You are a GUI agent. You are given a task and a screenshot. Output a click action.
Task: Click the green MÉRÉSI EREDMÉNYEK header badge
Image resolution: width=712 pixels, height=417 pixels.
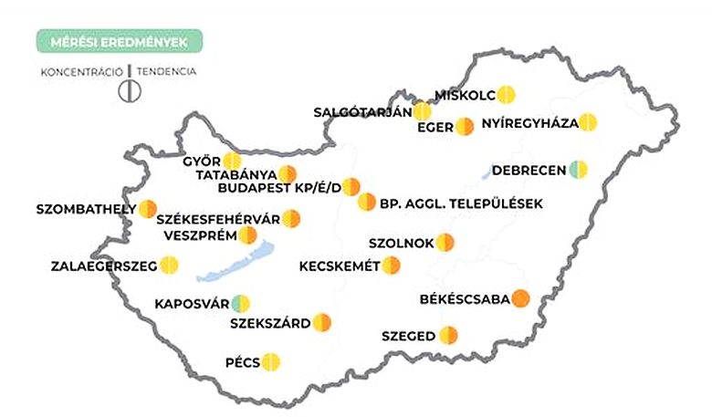[x=119, y=41]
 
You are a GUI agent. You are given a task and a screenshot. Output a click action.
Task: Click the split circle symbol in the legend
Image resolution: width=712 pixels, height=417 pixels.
[x=131, y=89]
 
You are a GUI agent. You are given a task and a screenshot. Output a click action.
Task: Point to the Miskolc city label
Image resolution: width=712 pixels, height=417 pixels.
[x=466, y=95]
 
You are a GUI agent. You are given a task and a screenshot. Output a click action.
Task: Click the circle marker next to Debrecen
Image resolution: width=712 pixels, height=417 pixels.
[x=578, y=169]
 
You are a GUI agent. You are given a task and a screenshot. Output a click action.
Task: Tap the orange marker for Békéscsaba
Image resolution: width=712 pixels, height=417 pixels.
[x=520, y=298]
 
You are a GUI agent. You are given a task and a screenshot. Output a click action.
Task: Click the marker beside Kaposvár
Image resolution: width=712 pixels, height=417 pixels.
[x=240, y=303]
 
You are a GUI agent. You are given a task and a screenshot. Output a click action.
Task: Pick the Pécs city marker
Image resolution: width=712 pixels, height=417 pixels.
[x=270, y=362]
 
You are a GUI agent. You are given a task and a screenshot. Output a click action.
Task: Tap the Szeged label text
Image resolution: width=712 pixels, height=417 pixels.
[x=408, y=336]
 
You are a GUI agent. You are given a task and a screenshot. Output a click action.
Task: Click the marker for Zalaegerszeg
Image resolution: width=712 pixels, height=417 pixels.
[x=169, y=266]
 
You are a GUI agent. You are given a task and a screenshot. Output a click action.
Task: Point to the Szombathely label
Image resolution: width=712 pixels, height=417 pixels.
[x=86, y=209]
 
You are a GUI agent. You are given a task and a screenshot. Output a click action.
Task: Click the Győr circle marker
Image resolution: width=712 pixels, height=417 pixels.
[x=233, y=162]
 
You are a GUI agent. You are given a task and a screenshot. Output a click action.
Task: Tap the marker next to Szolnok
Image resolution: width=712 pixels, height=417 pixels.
[x=445, y=243]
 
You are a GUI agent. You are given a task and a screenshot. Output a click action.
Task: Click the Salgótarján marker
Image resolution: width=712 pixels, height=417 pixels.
[x=422, y=111]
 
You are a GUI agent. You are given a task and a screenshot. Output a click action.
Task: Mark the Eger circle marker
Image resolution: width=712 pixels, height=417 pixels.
[x=465, y=126]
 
